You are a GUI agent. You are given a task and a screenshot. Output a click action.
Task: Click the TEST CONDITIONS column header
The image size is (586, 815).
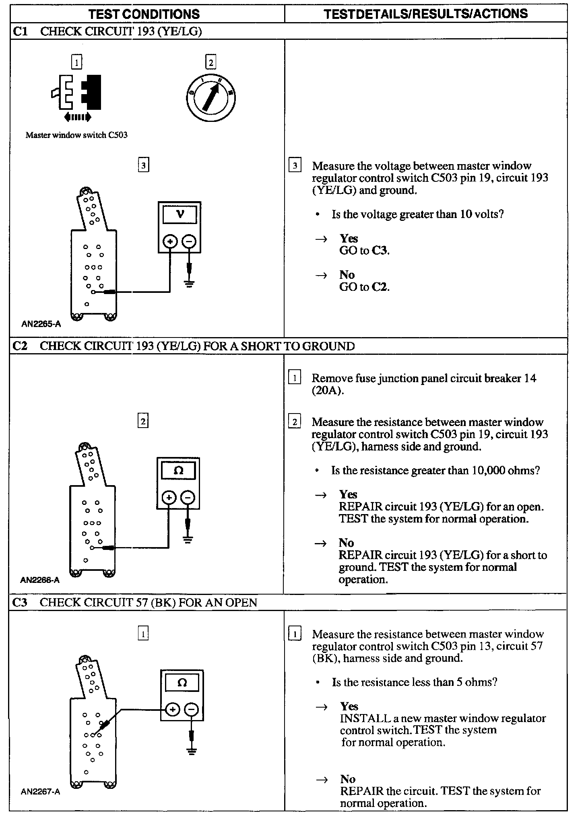pyautogui.click(x=144, y=14)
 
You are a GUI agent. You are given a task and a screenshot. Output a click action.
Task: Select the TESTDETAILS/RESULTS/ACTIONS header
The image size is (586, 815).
pyautogui.click(x=426, y=14)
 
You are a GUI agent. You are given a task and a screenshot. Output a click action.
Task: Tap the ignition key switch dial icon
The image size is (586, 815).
pyautogui.click(x=210, y=98)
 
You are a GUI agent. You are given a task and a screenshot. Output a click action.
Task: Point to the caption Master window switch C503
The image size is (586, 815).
pyautogui.click(x=76, y=135)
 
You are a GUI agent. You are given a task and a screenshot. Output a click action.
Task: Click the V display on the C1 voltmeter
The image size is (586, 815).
pyautogui.click(x=180, y=214)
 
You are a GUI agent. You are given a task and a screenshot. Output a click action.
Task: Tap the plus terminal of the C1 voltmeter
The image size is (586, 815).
pyautogui.click(x=170, y=241)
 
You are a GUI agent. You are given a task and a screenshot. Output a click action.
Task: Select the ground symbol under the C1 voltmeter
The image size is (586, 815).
pyautogui.click(x=189, y=284)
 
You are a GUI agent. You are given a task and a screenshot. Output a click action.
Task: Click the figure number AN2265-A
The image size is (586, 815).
pyautogui.click(x=41, y=324)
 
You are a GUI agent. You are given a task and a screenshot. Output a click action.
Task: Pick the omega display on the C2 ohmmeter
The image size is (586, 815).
pyautogui.click(x=178, y=471)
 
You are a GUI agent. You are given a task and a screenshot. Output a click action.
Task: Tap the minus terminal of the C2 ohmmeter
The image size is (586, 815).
pyautogui.click(x=187, y=498)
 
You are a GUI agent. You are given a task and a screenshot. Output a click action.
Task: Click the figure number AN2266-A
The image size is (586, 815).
pyautogui.click(x=40, y=580)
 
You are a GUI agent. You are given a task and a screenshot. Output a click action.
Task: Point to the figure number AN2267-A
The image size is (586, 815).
pyautogui.click(x=40, y=792)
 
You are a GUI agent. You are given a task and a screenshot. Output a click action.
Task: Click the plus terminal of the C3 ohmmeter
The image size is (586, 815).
pyautogui.click(x=172, y=709)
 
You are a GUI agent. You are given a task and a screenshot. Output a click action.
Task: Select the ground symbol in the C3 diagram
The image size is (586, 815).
pyautogui.click(x=192, y=751)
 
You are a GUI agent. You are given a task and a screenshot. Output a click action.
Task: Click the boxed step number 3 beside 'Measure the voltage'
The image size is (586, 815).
pyautogui.click(x=295, y=166)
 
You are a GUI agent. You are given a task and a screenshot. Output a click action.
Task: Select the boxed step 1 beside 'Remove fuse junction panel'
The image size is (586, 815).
pyautogui.click(x=295, y=378)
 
